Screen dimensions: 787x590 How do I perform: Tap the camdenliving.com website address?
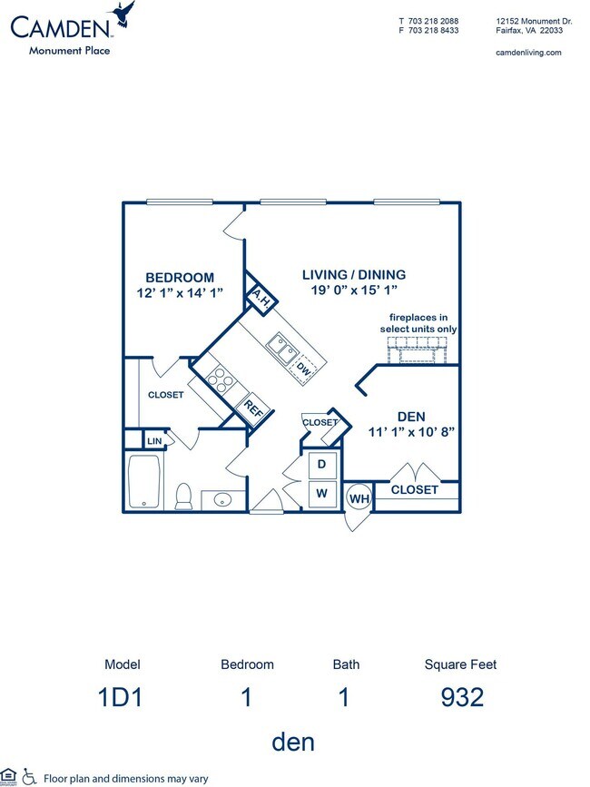point(528,53)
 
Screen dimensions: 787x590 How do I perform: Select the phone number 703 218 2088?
point(435,20)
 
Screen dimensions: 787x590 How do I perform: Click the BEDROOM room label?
point(181,278)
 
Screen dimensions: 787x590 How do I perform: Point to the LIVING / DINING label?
point(353,274)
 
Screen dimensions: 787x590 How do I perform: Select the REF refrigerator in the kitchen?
point(253,409)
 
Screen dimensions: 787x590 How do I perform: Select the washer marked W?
point(321,495)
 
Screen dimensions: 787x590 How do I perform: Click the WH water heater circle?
point(359,498)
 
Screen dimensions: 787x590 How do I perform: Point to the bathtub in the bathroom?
point(145,481)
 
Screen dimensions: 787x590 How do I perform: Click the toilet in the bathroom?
point(182,497)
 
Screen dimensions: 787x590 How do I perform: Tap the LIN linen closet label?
point(153,441)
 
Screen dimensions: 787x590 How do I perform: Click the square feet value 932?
point(460,697)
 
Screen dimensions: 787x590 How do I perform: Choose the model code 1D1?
point(123,697)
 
